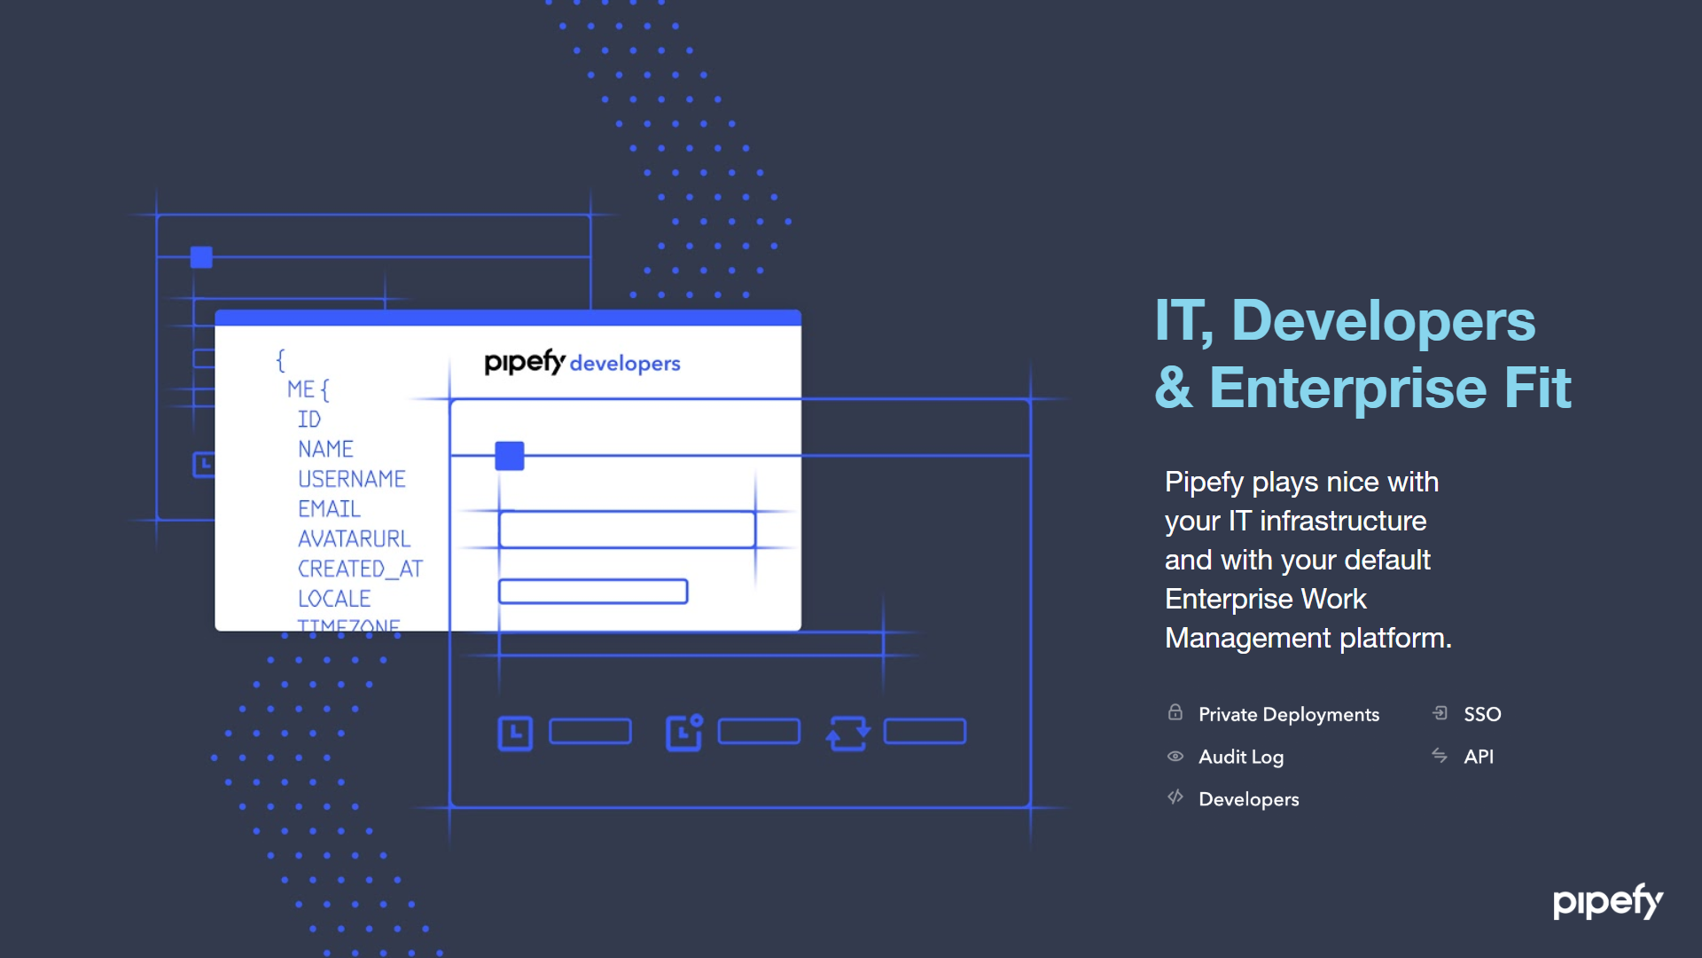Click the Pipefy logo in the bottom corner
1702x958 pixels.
point(1607,902)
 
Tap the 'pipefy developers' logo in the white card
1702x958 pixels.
point(582,362)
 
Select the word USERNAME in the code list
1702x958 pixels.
point(351,479)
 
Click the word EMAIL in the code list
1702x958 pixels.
point(329,509)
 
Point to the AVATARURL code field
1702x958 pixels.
point(354,539)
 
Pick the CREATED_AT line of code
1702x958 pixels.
point(360,569)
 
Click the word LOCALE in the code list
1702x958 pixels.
point(334,599)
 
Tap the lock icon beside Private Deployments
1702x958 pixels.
point(1175,712)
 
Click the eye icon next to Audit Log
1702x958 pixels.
point(1175,757)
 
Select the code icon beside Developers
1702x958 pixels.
point(1175,797)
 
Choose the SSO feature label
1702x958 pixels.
point(1482,714)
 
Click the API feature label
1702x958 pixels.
point(1479,757)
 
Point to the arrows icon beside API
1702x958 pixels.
point(1440,756)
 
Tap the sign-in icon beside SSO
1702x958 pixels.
point(1440,713)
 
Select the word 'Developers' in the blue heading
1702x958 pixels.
point(1383,321)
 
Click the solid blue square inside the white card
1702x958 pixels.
point(510,456)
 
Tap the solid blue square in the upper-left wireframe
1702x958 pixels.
point(201,257)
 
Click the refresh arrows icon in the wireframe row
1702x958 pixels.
point(848,733)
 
